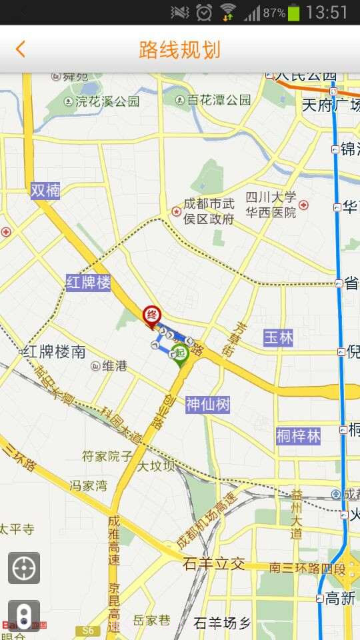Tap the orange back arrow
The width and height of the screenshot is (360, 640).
(x=21, y=49)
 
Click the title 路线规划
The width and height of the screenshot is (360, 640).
(x=179, y=49)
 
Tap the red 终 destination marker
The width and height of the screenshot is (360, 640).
(x=152, y=313)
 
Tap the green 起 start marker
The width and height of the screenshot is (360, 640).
(x=179, y=353)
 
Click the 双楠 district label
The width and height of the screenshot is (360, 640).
(x=45, y=191)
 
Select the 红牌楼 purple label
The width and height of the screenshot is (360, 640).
(x=88, y=283)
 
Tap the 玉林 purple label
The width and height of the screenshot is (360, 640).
(x=278, y=337)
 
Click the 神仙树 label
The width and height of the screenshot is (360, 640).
(x=208, y=404)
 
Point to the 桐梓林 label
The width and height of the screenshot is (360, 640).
(x=299, y=436)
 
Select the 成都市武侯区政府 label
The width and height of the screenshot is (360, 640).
(x=209, y=212)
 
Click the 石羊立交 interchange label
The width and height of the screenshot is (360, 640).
(x=213, y=564)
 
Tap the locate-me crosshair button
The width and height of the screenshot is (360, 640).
(x=24, y=568)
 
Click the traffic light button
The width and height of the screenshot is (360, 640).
(x=24, y=615)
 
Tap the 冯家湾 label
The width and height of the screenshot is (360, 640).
(x=89, y=485)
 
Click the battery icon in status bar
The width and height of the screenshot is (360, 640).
(x=294, y=12)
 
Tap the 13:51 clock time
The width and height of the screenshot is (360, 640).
(x=327, y=12)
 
